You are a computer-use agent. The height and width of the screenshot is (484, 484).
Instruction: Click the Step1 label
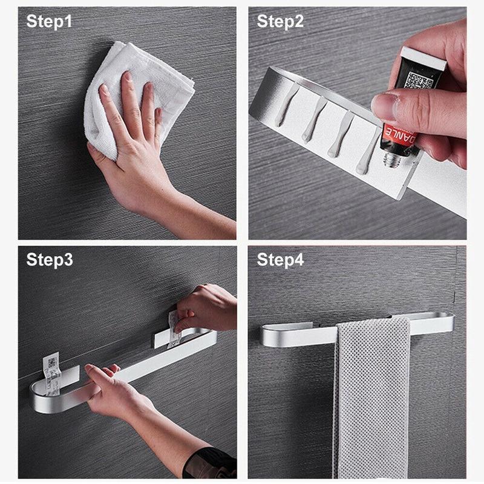point(49,22)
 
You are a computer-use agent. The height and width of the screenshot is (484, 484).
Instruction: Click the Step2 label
point(280,22)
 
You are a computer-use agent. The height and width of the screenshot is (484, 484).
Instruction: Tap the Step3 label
point(49,260)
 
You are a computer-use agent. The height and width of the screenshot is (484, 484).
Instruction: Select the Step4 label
point(280,260)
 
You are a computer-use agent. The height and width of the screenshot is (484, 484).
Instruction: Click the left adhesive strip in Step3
point(51,373)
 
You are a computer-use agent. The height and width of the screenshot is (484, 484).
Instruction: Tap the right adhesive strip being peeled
point(173,330)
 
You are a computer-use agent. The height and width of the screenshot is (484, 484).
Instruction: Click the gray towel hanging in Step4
point(372,393)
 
